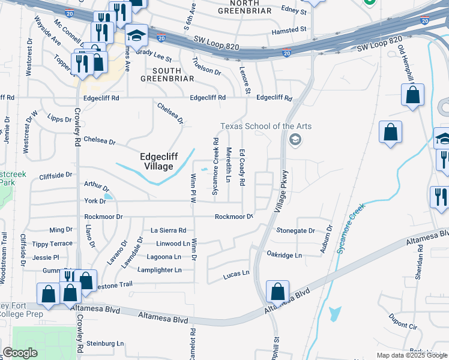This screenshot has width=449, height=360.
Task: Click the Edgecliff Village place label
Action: pyautogui.click(x=156, y=161)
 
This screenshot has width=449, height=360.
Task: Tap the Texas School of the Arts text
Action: pyautogui.click(x=265, y=126)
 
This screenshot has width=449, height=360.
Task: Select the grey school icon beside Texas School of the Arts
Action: pyautogui.click(x=294, y=140)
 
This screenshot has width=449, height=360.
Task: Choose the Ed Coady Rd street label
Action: pyautogui.click(x=243, y=167)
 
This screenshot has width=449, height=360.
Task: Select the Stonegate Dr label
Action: pyautogui.click(x=295, y=230)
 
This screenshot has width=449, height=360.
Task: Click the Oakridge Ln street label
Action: pyautogui.click(x=285, y=255)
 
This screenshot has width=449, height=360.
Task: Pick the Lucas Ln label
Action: pyautogui.click(x=236, y=273)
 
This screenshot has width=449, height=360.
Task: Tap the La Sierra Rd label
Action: pyautogui.click(x=168, y=230)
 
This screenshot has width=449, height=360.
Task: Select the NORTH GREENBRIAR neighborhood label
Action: pyautogui.click(x=238, y=7)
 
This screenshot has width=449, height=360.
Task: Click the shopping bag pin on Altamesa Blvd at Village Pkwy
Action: pyautogui.click(x=277, y=292)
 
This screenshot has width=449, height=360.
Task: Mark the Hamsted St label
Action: pyautogui.click(x=289, y=29)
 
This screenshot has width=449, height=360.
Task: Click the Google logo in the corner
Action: pyautogui.click(x=20, y=353)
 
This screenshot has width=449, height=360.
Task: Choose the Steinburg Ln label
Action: pyautogui.click(x=105, y=343)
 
